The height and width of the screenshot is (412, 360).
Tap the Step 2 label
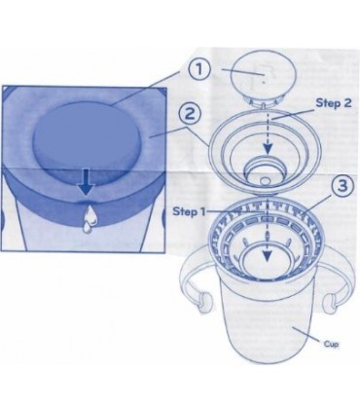coord(334,103)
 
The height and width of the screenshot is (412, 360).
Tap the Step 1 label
coord(189,211)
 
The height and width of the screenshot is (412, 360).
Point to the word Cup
coord(331,344)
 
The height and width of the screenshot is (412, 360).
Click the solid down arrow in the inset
coord(86,182)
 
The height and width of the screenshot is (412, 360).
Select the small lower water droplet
coord(87,228)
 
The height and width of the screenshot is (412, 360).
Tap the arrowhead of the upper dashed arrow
coord(267,149)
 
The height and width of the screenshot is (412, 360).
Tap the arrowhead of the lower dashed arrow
coord(267,256)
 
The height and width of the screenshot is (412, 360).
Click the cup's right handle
coord(338,273)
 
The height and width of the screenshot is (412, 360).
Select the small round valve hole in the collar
coord(266,180)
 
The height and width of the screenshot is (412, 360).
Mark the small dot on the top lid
coord(264,83)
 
